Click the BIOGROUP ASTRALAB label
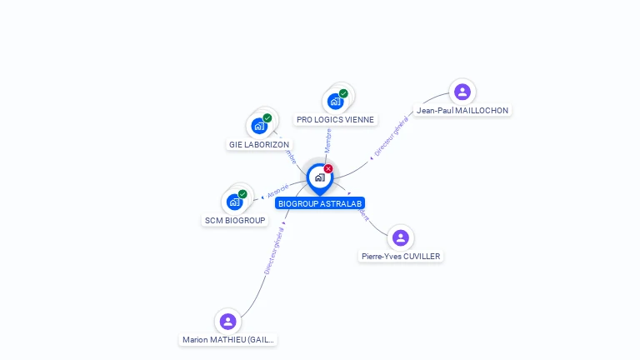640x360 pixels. point(321,203)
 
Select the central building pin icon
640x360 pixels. point(319,177)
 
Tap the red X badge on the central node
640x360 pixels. point(328,169)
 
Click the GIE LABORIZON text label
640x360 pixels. point(259,144)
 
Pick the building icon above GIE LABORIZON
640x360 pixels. point(259,127)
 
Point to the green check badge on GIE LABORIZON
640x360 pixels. point(267,118)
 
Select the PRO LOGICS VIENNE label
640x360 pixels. point(335,120)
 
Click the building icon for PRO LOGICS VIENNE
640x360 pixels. point(335,102)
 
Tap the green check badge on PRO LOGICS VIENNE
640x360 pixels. point(343,93)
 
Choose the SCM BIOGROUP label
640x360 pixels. point(235,220)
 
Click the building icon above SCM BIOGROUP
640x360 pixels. point(235,202)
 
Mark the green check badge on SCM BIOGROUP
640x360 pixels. point(242,194)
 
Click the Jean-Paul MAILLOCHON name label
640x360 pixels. point(462,111)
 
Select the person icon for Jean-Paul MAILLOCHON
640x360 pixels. point(462,92)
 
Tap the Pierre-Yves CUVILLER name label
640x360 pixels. point(401,257)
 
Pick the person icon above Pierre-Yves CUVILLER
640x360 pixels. point(401,238)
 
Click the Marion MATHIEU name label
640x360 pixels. point(228,340)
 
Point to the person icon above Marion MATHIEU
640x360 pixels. point(228,322)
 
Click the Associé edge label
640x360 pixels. point(277,192)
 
